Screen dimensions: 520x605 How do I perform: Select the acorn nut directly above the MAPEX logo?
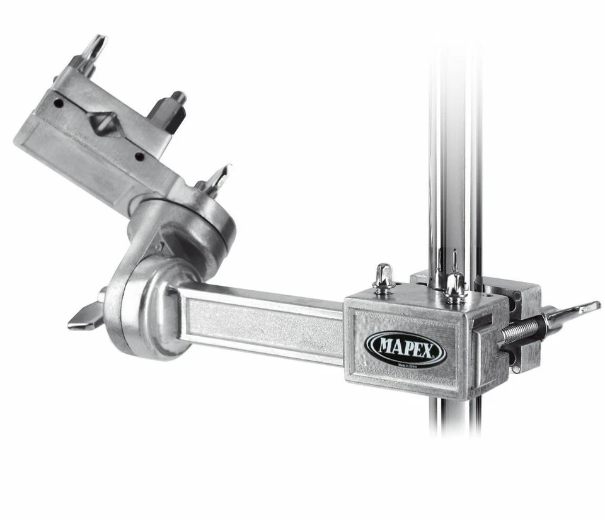click(383, 278)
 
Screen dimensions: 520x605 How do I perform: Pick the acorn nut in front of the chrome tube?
click(455, 285)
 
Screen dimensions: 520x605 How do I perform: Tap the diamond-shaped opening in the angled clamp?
click(105, 122)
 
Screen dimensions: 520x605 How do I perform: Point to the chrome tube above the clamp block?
click(454, 157)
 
